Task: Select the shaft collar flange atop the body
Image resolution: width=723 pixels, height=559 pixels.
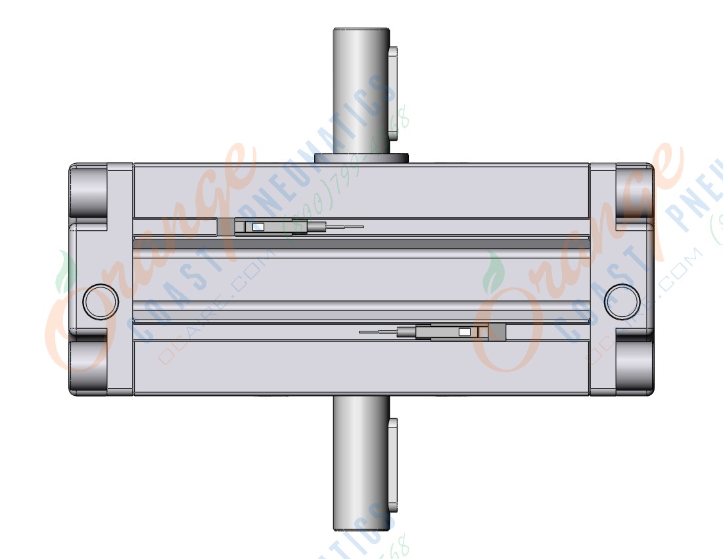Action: point(361,158)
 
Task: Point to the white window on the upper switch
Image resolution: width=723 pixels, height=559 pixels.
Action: point(258,228)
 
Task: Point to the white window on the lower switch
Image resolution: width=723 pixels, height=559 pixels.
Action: point(465,332)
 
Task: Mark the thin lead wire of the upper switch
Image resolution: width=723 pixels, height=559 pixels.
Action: point(346,228)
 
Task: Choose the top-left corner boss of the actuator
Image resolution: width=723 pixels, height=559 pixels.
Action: point(89,191)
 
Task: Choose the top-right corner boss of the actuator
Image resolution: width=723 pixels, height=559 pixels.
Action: point(635,191)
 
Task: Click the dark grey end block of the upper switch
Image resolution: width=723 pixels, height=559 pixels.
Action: point(225,227)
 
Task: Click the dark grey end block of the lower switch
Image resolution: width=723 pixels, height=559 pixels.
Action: point(498,332)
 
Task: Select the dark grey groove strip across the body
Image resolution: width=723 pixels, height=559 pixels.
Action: point(361,244)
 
